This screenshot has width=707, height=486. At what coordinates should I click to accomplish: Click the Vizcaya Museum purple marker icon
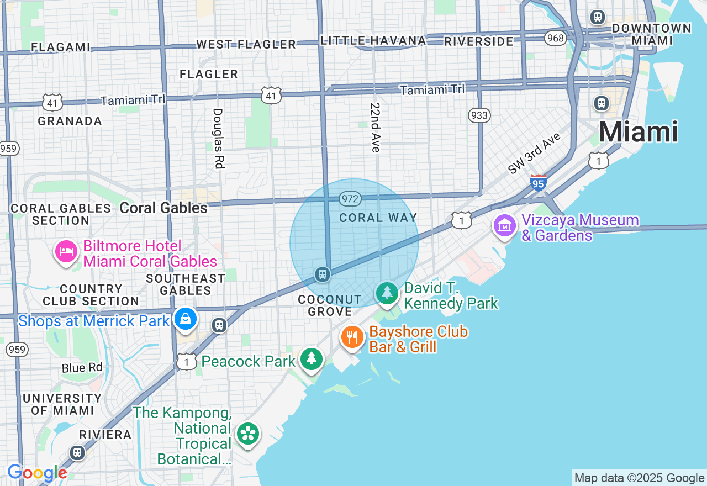[504, 225]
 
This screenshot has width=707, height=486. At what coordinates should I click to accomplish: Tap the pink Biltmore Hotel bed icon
[66, 252]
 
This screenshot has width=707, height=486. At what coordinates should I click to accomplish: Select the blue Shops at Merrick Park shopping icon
[186, 319]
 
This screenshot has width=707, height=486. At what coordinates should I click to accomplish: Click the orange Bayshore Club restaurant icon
[352, 336]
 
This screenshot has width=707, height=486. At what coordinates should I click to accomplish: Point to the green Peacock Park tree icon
[312, 359]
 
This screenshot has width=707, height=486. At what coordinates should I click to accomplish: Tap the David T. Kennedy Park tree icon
[387, 293]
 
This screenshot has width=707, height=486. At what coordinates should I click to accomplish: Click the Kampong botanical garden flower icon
[248, 434]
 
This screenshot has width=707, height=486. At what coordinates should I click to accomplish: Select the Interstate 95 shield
[539, 183]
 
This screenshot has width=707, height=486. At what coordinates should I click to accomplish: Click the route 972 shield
[351, 199]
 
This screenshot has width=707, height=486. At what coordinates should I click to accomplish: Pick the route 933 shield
[479, 115]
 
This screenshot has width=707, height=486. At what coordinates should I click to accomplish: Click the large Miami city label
[638, 132]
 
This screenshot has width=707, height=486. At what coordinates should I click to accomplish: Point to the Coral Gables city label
[163, 208]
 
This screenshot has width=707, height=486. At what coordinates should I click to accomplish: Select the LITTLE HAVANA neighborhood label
[373, 40]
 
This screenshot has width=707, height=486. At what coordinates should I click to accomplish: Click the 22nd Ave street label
[376, 128]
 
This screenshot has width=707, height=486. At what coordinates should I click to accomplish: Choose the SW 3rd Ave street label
[534, 154]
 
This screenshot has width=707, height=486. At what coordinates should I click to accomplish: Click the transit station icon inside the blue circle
[322, 274]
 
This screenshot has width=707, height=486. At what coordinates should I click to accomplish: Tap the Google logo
[37, 473]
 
